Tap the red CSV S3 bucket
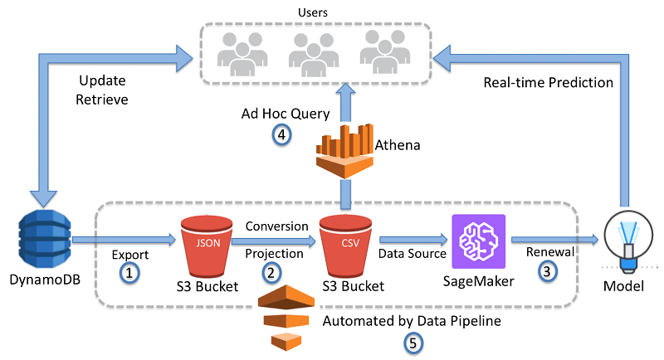click(x=344, y=242)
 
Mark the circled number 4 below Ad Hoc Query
click(x=283, y=135)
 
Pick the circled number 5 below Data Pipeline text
click(x=413, y=342)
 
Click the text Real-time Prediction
click(x=548, y=83)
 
